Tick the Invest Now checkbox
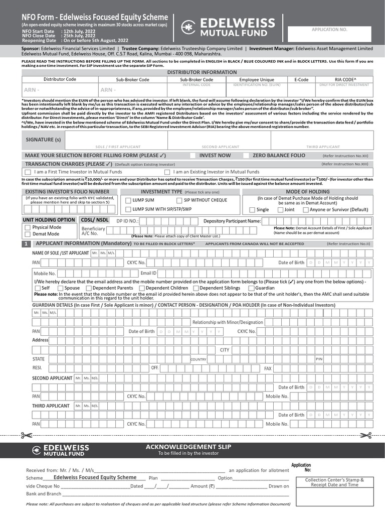[193, 156]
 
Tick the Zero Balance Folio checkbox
[246, 156]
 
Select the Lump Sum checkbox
[128, 200]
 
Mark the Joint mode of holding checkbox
[280, 210]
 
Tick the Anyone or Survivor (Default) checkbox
[306, 210]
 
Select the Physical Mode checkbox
[27, 227]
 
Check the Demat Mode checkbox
[27, 234]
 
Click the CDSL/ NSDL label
[95, 220]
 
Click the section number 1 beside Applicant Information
[26, 243]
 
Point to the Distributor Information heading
[195, 72]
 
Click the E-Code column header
[301, 79]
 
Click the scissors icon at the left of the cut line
[25, 435]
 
